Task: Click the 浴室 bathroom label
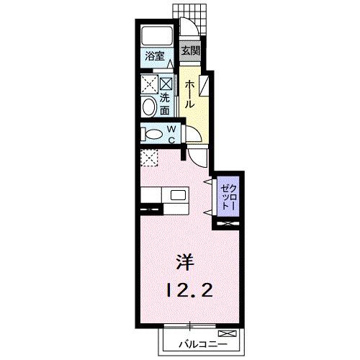[x=155, y=55]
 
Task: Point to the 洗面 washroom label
[x=165, y=105]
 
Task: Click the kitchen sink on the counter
[x=178, y=195]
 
